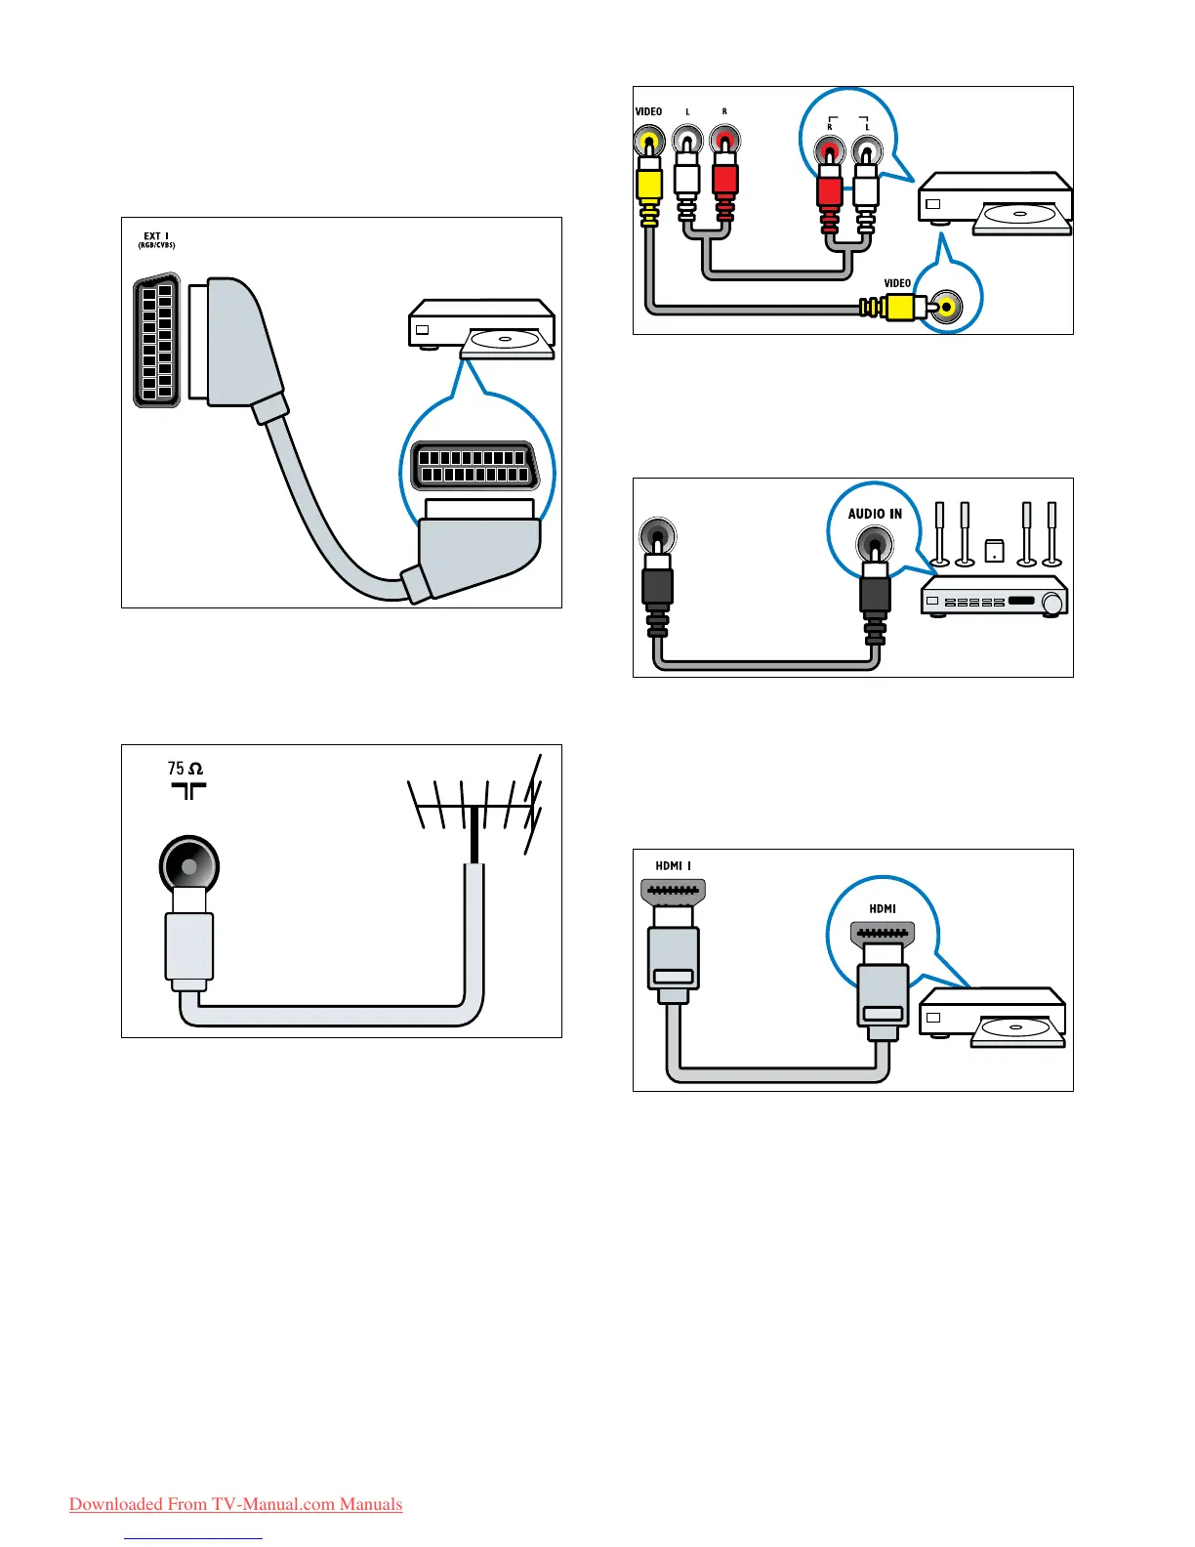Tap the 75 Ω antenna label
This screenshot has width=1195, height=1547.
click(x=185, y=769)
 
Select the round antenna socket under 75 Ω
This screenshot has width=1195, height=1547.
click(x=188, y=866)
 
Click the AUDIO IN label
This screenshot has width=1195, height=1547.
click(x=875, y=514)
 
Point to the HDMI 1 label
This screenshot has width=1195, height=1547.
click(x=673, y=865)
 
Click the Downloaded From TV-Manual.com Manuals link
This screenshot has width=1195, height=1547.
click(x=235, y=1504)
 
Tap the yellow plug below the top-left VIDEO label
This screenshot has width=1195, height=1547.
click(x=648, y=183)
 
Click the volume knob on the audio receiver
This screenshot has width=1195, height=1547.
click(x=1052, y=604)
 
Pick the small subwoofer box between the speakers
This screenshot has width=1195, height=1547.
click(x=995, y=550)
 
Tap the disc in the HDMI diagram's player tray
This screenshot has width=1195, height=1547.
click(x=1015, y=1028)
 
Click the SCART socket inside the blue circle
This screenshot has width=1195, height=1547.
click(x=474, y=466)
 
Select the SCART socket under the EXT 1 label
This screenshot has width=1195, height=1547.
click(x=156, y=341)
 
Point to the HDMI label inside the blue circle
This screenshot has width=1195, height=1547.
click(x=883, y=908)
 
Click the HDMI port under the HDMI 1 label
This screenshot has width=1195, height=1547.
click(x=673, y=891)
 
